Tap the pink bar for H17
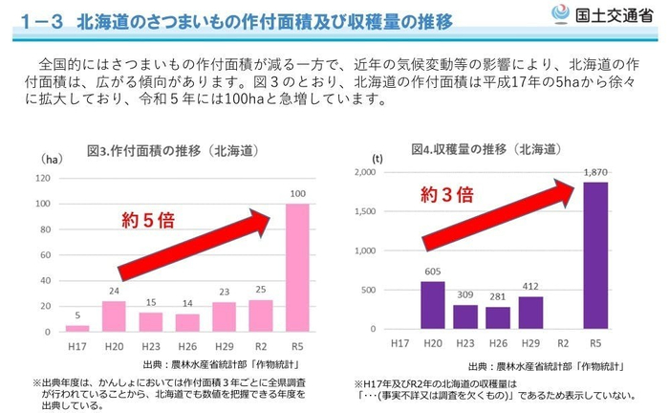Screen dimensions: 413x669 click(x=77, y=327)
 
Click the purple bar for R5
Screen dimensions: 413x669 click(x=595, y=257)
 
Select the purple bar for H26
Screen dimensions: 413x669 click(x=497, y=318)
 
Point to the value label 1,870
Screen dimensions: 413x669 click(x=595, y=173)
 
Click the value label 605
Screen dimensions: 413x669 click(x=432, y=272)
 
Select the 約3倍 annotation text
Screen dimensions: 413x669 click(x=446, y=195)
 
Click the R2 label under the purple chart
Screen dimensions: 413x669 click(x=563, y=341)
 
